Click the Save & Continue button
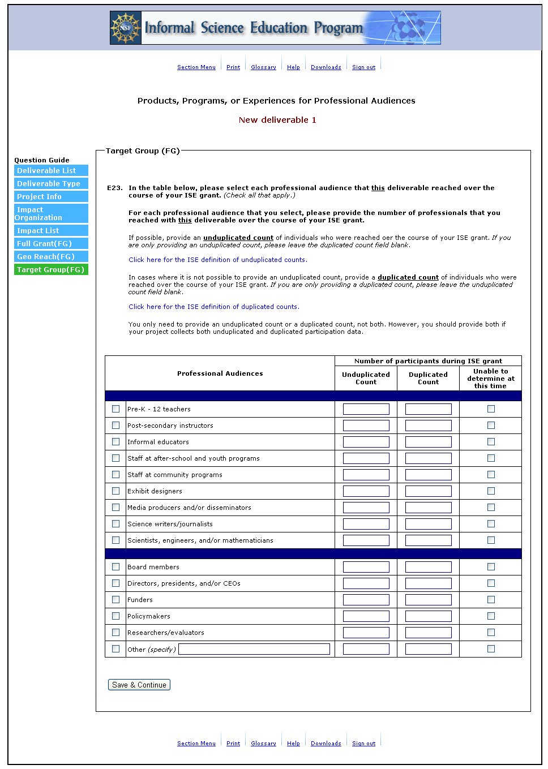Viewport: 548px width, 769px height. tap(139, 685)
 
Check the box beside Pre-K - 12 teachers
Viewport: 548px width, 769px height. tap(116, 409)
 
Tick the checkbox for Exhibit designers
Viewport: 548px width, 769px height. tap(116, 491)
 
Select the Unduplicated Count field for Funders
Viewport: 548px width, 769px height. tap(366, 600)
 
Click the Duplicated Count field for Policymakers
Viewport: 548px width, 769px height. tap(429, 616)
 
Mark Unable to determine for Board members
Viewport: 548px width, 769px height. tap(491, 567)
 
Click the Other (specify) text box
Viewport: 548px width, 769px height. tap(254, 649)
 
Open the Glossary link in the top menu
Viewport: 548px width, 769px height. tap(263, 67)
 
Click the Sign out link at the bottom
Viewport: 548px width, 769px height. tap(363, 744)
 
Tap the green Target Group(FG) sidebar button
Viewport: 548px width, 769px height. tap(51, 269)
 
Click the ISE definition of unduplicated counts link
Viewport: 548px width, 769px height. tap(217, 260)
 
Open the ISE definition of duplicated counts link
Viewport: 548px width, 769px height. tap(213, 307)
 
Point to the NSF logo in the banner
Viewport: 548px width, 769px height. tap(126, 28)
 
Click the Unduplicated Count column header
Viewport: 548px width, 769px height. tap(366, 378)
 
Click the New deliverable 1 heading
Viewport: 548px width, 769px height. tap(277, 120)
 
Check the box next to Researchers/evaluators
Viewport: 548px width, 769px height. tap(116, 633)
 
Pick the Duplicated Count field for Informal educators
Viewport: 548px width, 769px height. tap(429, 442)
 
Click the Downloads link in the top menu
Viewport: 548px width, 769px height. tap(326, 67)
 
